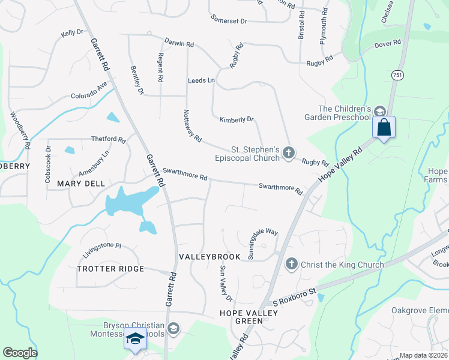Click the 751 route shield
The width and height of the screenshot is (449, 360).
click(x=397, y=74)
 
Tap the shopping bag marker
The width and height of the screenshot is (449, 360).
click(x=383, y=128)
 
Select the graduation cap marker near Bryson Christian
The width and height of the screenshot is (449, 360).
click(x=135, y=339)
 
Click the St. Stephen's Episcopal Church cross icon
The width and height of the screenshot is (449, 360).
click(x=289, y=153)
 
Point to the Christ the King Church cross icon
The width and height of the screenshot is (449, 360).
click(x=291, y=263)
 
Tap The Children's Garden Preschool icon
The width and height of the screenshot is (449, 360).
click(x=379, y=112)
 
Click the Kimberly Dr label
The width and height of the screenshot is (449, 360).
click(x=237, y=119)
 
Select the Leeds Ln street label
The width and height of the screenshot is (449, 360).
click(x=201, y=80)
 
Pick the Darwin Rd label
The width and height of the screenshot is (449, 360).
click(x=180, y=43)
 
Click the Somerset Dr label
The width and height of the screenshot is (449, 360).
click(x=229, y=20)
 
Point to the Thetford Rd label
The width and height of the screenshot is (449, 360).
click(x=108, y=139)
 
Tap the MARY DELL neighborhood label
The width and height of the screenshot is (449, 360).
click(x=81, y=183)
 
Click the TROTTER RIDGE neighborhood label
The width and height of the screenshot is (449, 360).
click(x=110, y=269)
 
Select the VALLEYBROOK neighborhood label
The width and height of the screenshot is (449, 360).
click(x=209, y=256)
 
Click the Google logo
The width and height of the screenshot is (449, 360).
click(x=20, y=353)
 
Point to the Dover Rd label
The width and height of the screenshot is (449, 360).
click(x=387, y=44)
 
